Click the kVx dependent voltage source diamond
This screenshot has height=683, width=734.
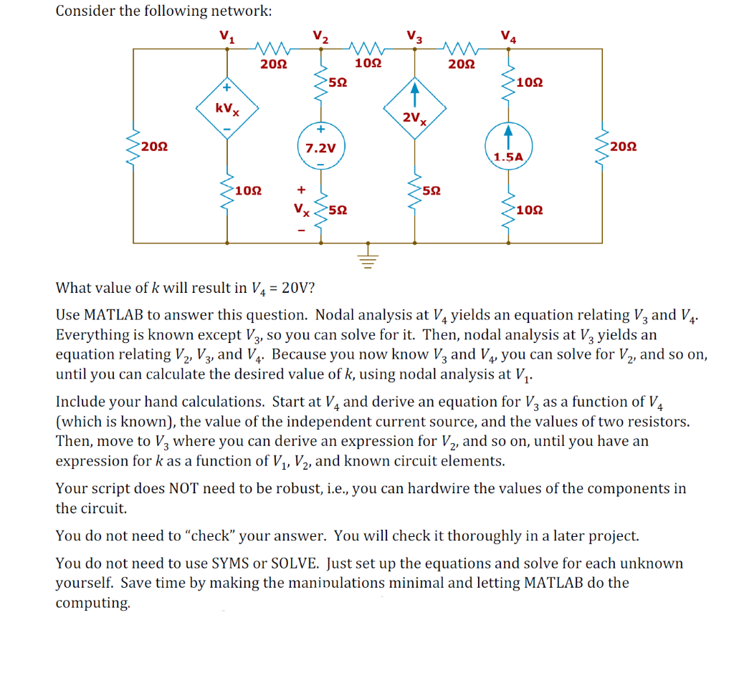[x=227, y=110]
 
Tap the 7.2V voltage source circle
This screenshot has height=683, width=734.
[x=320, y=148]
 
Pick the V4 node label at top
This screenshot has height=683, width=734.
[x=507, y=37]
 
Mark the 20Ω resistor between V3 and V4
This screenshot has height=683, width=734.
[x=461, y=49]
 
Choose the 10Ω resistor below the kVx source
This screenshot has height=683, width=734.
[x=228, y=191]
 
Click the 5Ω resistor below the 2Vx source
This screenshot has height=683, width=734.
[x=414, y=191]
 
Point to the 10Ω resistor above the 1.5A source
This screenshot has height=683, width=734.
[x=508, y=84]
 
